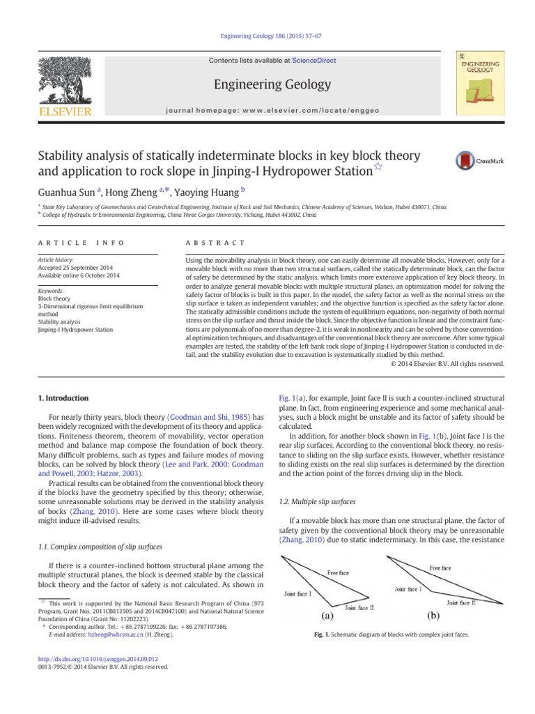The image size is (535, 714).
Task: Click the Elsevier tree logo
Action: pyautogui.click(x=65, y=82)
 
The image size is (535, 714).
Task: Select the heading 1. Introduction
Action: pyautogui.click(x=62, y=398)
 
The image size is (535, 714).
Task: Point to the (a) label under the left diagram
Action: pyautogui.click(x=325, y=616)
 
